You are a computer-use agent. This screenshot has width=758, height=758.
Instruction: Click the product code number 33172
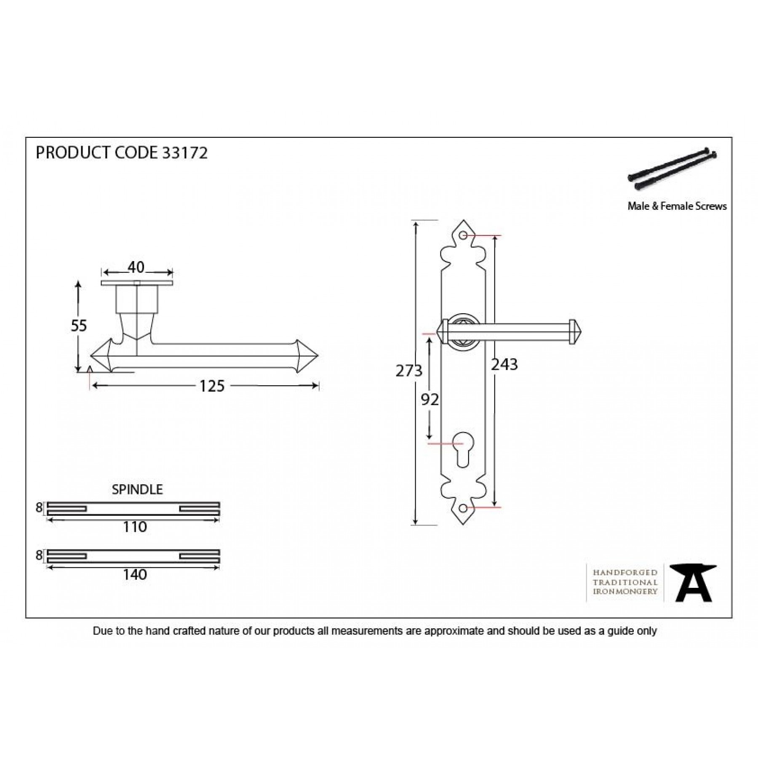point(185,153)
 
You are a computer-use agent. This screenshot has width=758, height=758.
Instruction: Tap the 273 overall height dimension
point(408,371)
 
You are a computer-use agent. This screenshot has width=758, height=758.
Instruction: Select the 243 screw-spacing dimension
point(504,364)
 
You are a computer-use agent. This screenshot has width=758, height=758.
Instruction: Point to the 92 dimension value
point(430,400)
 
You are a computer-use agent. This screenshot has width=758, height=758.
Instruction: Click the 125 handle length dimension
point(212,386)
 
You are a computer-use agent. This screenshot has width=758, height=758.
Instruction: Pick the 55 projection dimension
point(79,326)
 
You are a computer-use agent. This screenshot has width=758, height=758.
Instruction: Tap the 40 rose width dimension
point(136,267)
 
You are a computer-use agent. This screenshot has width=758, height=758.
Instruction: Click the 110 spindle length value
point(135,527)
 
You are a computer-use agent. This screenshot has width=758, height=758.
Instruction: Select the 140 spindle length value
point(135,574)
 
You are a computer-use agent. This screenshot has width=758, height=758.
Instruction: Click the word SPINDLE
point(137,489)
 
